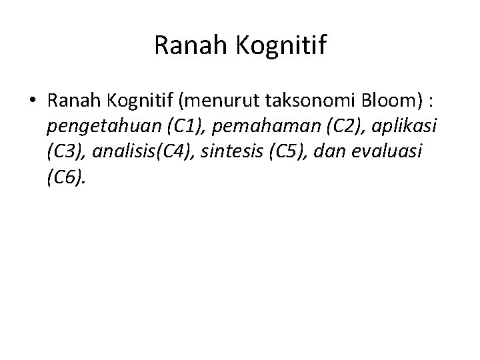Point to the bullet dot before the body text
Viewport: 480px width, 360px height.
32,101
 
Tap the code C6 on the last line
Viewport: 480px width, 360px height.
65,177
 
